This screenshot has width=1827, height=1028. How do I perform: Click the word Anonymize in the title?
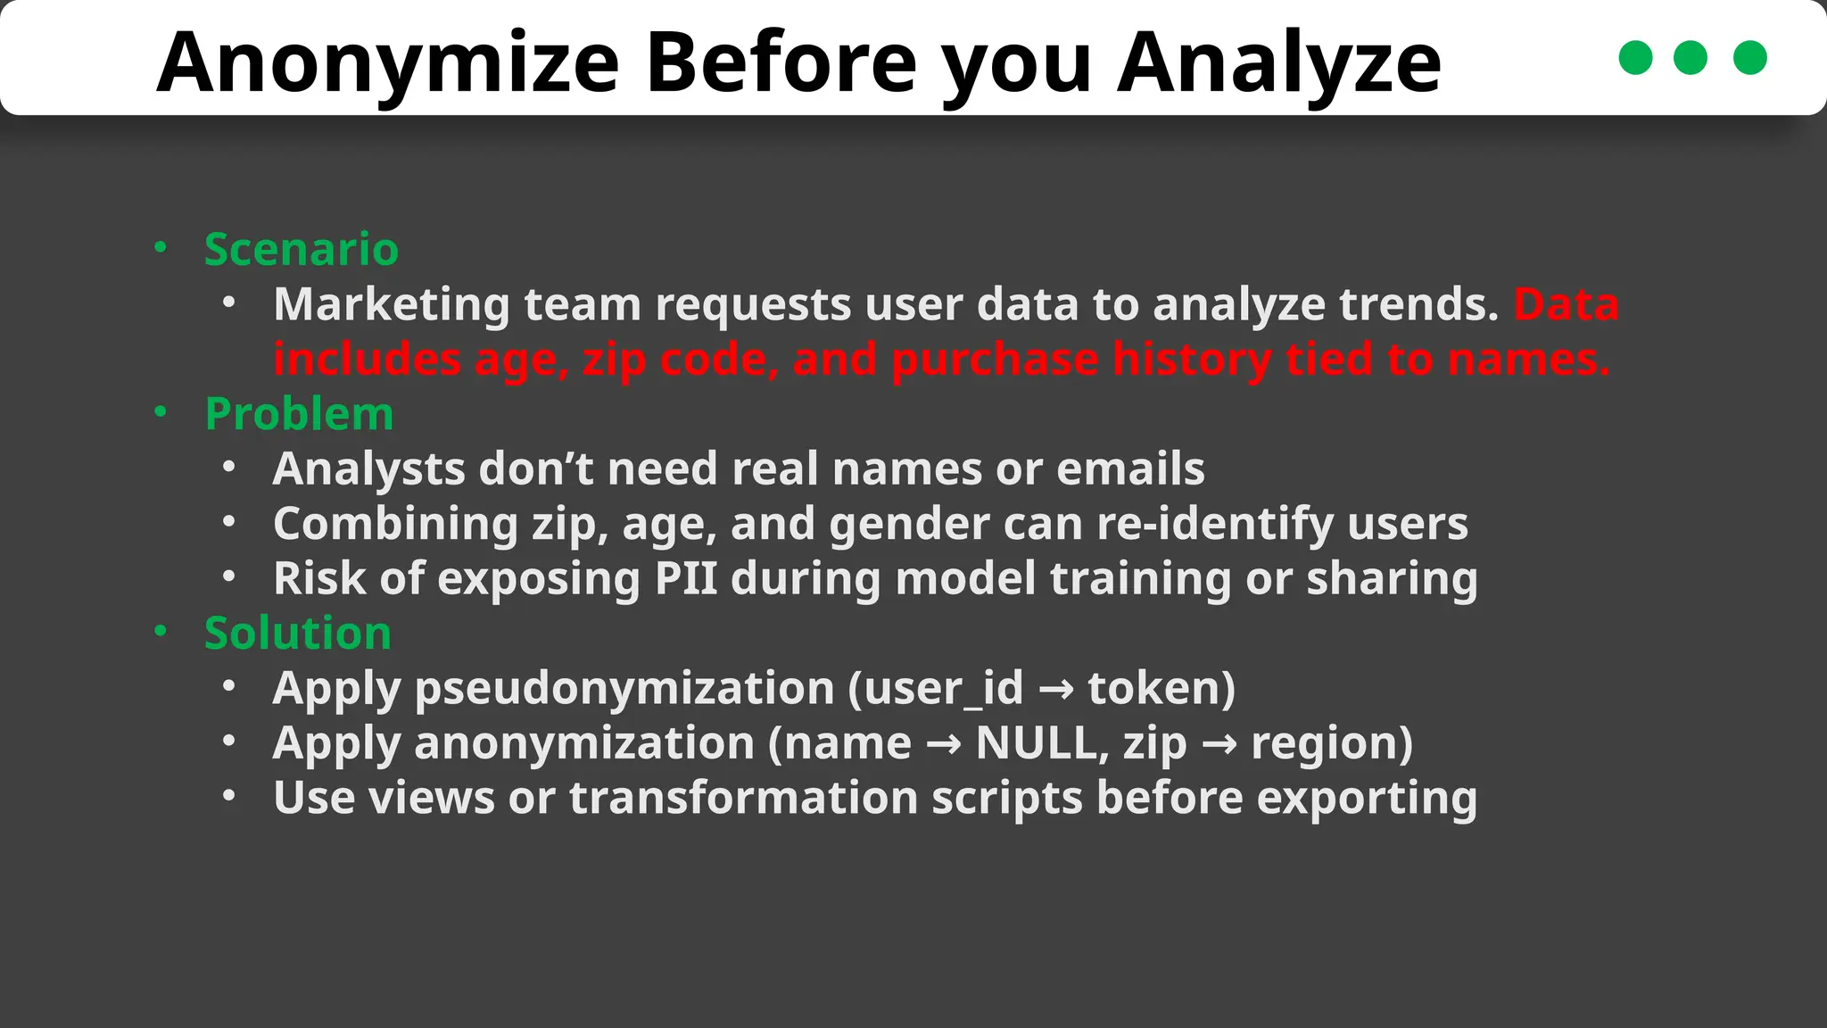click(x=387, y=62)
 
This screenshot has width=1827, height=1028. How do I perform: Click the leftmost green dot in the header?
click(x=1635, y=58)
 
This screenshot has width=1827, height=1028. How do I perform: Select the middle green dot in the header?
click(x=1691, y=58)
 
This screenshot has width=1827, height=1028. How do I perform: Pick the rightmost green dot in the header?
click(x=1749, y=58)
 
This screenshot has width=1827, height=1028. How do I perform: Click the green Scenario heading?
click(x=302, y=249)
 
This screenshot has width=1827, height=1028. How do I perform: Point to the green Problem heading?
click(x=299, y=414)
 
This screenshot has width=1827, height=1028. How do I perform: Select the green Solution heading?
click(x=297, y=634)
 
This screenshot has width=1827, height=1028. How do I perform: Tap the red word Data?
click(x=1566, y=305)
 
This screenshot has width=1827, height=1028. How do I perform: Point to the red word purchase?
click(x=994, y=361)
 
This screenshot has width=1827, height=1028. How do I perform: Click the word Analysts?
click(x=368, y=470)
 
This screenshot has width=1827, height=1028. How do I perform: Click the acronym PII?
click(x=685, y=579)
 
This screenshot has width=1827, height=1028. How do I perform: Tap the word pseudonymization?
click(x=624, y=689)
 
